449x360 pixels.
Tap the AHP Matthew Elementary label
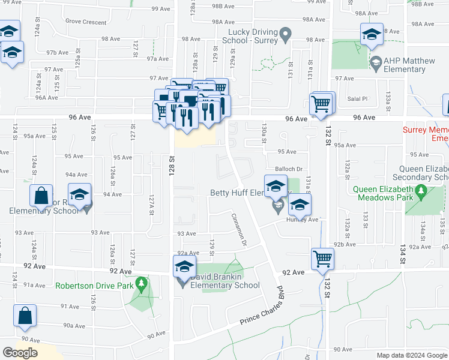point(404,65)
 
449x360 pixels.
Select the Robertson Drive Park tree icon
point(142,282)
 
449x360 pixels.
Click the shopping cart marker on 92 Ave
point(323,259)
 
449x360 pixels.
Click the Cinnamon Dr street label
point(238,229)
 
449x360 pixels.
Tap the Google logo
point(20,353)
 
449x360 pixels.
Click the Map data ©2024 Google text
point(411,355)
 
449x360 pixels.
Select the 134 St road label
point(402,256)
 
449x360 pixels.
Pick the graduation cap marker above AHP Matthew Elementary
point(372,35)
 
